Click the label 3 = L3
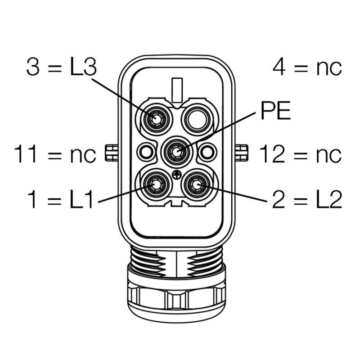tap(62, 67)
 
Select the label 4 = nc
tap(307, 67)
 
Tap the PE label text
tap(275, 112)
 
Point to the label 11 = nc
tap(55, 154)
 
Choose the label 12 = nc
tap(300, 154)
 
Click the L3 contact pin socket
tap(156, 119)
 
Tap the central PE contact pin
tap(176, 153)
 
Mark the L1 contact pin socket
tap(156, 184)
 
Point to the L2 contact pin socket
tap(197, 184)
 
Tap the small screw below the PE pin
tap(176, 174)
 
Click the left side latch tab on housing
tap(110, 153)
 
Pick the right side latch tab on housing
tap(242, 153)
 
